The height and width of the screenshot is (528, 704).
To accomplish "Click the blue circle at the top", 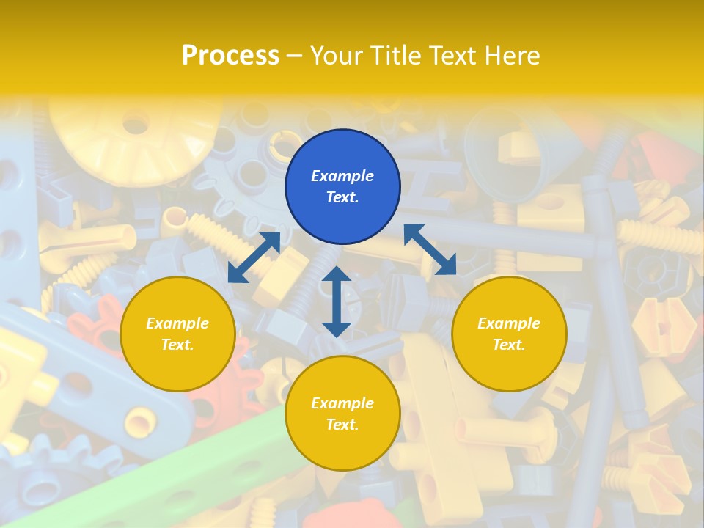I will tap(342, 187).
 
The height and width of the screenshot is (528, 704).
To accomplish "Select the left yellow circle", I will tap(177, 334).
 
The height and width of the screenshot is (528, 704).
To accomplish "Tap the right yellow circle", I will tap(509, 334).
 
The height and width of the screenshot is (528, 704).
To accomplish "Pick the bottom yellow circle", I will tap(342, 413).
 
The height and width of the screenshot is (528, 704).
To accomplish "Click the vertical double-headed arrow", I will tap(337, 301).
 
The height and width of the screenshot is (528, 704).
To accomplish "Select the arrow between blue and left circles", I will tap(254, 257).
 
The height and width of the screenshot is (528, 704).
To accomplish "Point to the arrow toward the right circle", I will tap(430, 249).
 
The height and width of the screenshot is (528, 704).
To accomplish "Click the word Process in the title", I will tap(230, 55).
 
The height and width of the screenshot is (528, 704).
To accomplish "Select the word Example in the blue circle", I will tap(342, 176).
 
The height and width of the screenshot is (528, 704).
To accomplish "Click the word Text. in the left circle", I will tap(177, 345).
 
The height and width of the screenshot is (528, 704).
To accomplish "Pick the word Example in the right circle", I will tap(509, 323).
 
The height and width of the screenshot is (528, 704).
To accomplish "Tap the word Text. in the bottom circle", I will tap(342, 425).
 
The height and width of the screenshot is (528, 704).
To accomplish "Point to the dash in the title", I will tap(295, 56).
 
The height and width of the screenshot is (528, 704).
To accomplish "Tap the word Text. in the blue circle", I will tap(342, 197).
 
